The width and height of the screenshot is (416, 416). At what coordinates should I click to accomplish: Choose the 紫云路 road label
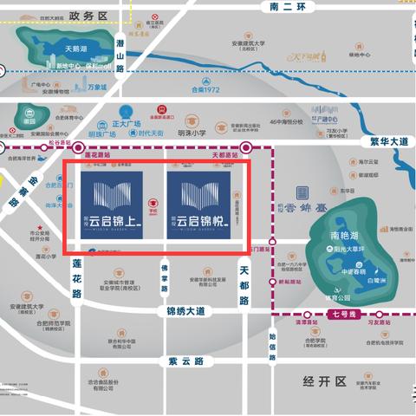click(x=186, y=360)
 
